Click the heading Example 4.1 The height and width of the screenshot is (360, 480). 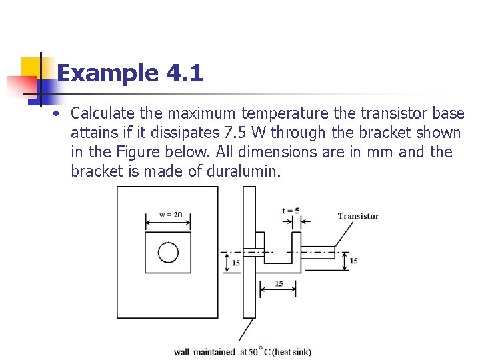tap(130, 73)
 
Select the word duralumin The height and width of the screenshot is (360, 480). tap(245, 171)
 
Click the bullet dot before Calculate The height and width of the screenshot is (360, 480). tap(59, 113)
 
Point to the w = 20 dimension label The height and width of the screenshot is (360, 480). tap(171, 215)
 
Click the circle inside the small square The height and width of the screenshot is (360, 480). tap(168, 253)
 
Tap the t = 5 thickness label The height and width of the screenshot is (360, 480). tap(291, 211)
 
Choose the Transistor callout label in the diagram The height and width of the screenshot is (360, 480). tap(358, 216)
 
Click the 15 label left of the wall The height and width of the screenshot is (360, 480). tap(235, 263)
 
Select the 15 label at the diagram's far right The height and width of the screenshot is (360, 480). tap(353, 260)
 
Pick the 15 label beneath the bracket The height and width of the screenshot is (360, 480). tap(279, 283)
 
